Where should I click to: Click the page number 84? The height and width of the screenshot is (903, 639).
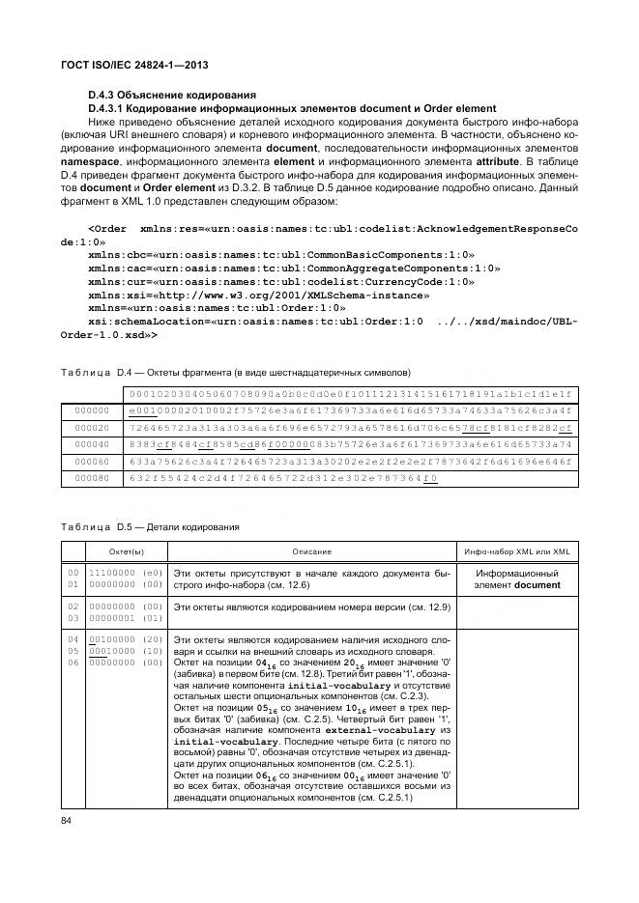(67, 821)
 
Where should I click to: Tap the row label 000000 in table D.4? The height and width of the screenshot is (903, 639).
(91, 409)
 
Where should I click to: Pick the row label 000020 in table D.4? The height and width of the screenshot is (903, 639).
(91, 426)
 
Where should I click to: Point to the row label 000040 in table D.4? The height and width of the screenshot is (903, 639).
(91, 443)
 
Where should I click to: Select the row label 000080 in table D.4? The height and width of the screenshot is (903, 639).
(91, 477)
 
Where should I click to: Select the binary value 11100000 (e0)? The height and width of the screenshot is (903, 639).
(125, 574)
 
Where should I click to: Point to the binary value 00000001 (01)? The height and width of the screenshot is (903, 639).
(125, 616)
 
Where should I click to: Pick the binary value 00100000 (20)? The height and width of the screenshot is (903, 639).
(125, 640)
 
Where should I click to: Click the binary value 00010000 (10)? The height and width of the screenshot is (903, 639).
(125, 651)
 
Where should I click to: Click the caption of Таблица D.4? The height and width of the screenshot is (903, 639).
(236, 372)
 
